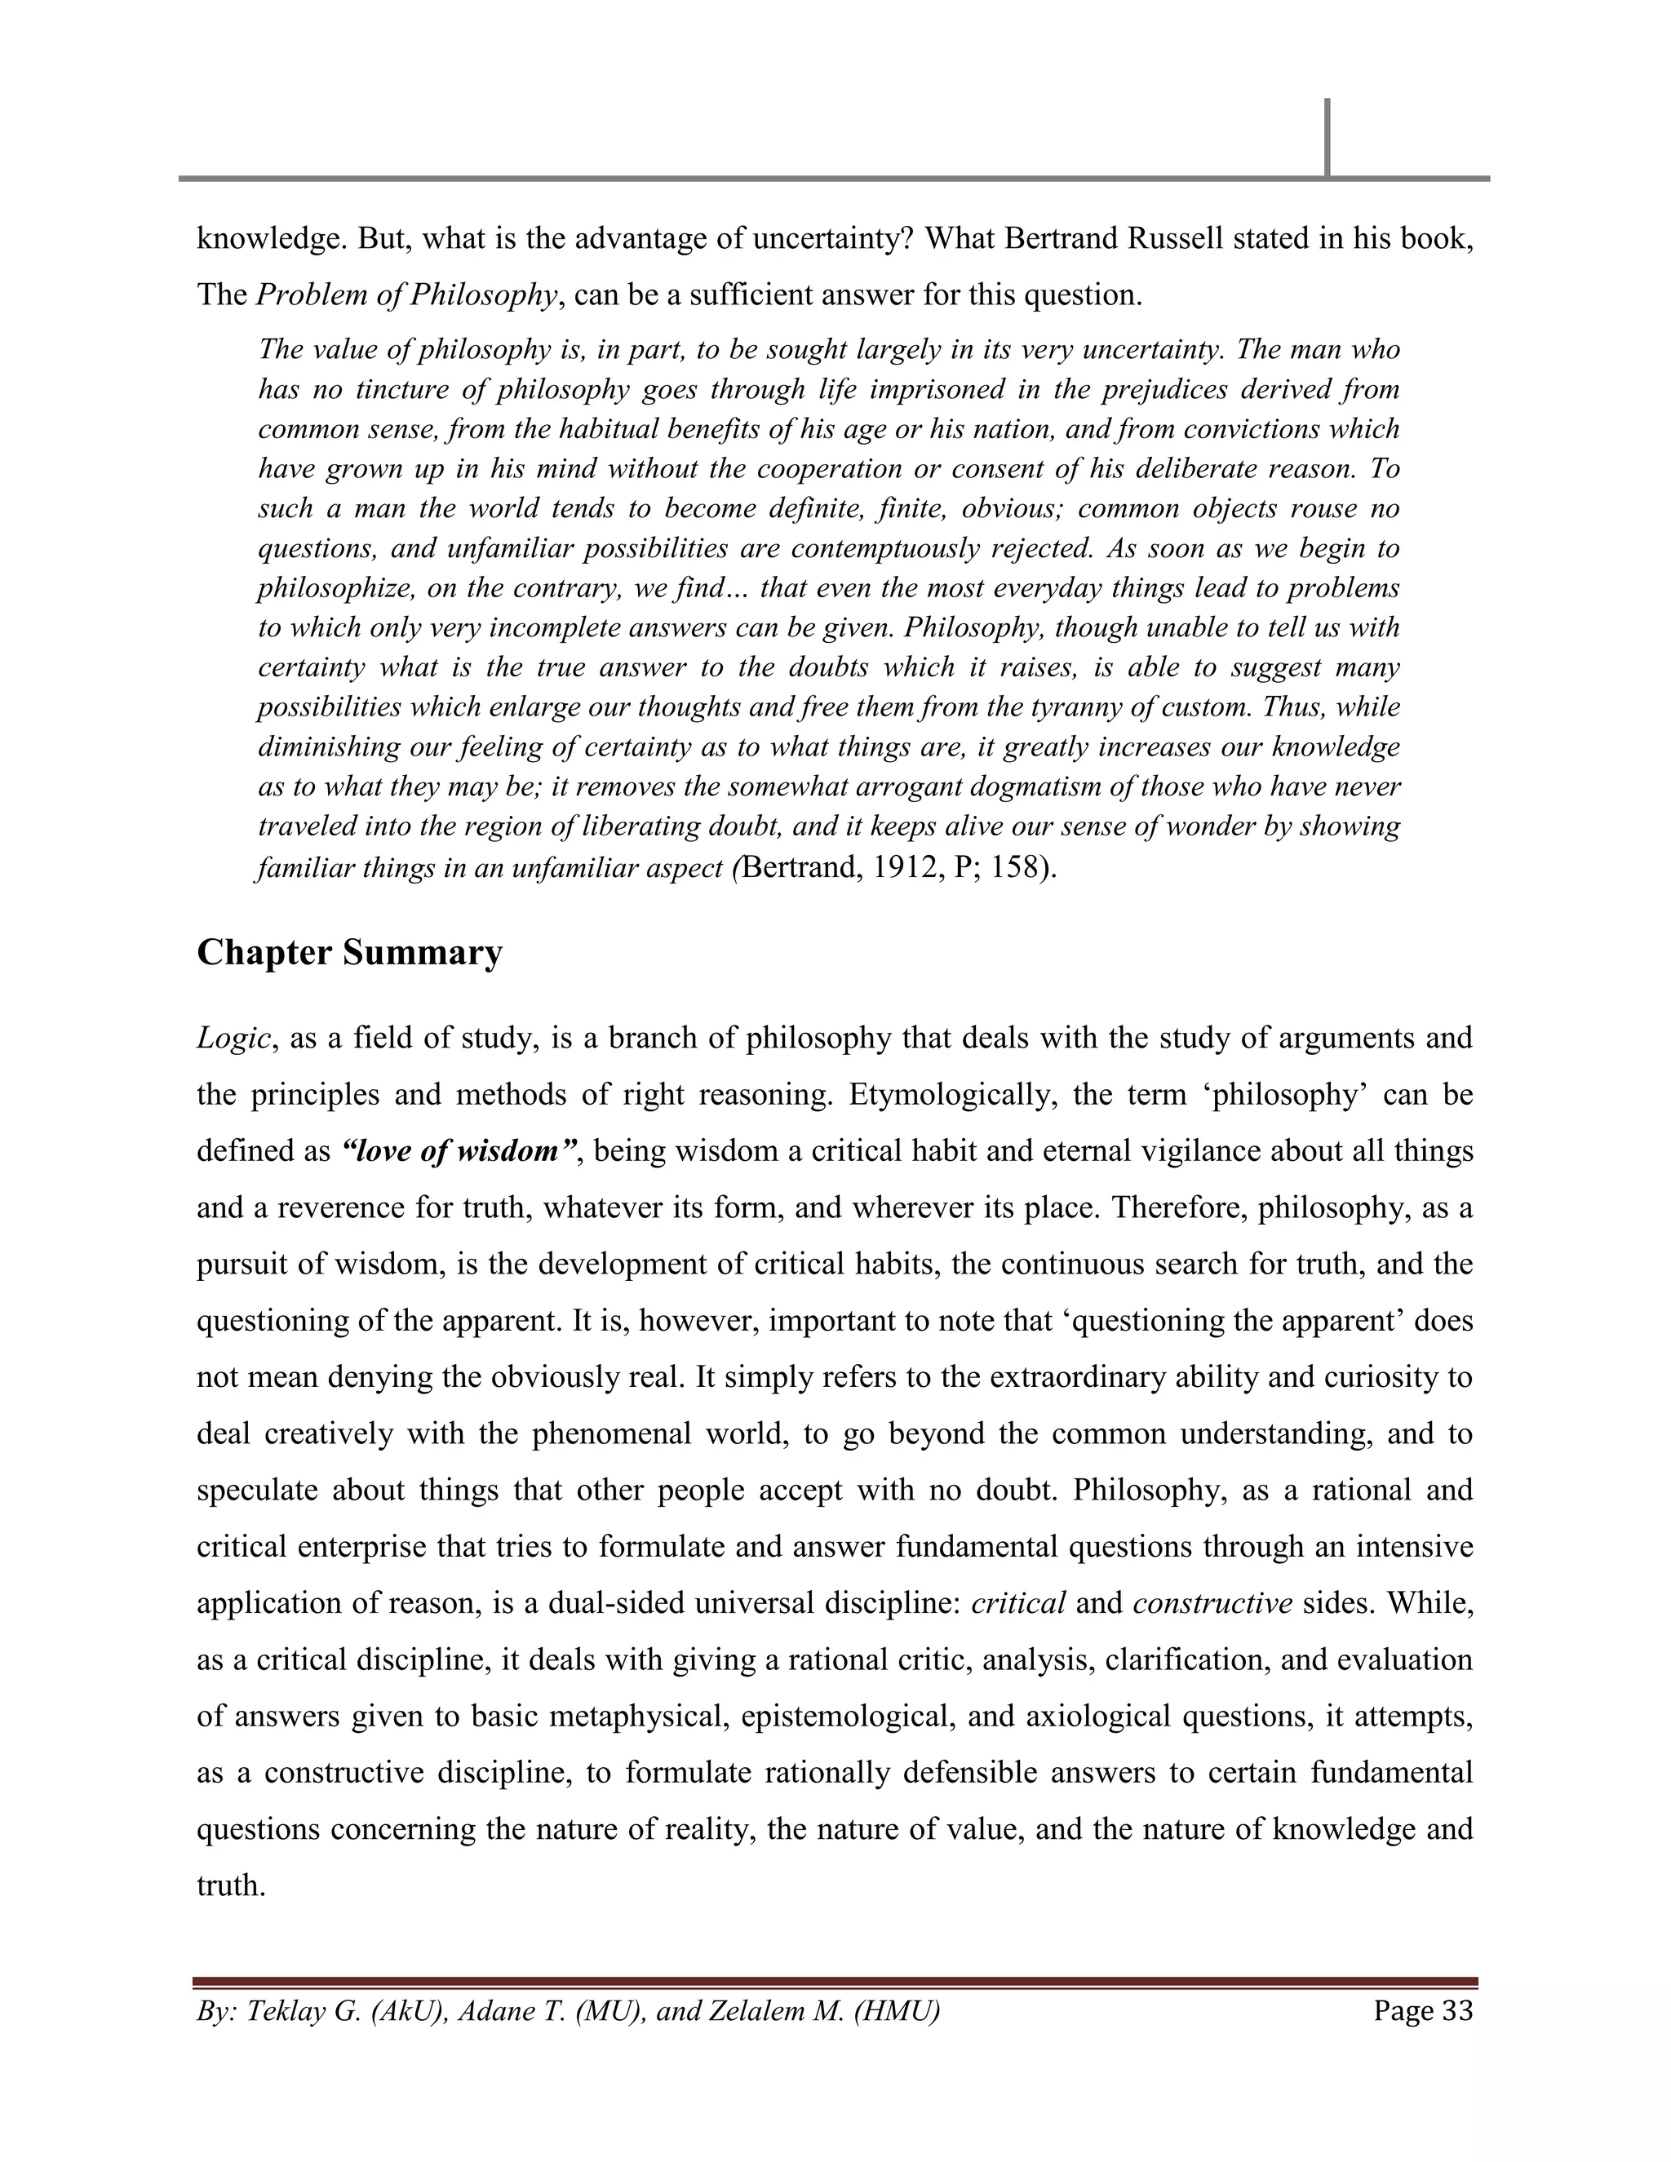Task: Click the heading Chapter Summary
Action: [x=349, y=953]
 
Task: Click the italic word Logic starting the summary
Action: [x=233, y=1039]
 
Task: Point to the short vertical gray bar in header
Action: [x=1327, y=138]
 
